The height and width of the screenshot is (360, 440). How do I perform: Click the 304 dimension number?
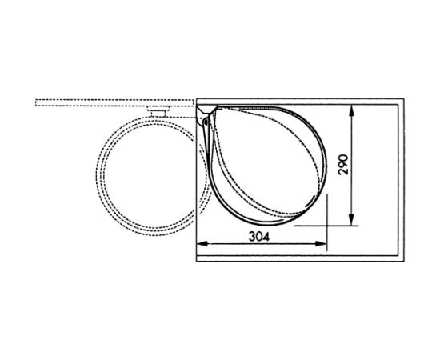[258, 237]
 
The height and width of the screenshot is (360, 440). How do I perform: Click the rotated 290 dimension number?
[343, 165]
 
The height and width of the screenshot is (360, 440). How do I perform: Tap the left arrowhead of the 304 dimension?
[202, 244]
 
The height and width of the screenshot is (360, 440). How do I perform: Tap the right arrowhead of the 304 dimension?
[321, 244]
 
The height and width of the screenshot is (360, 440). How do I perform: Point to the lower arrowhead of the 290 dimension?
[352, 220]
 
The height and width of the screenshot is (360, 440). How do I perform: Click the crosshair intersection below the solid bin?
[327, 226]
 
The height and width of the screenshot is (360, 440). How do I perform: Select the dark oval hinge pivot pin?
[206, 122]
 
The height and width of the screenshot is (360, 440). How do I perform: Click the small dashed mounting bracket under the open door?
[158, 111]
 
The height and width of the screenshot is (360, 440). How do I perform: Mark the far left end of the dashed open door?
[36, 102]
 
